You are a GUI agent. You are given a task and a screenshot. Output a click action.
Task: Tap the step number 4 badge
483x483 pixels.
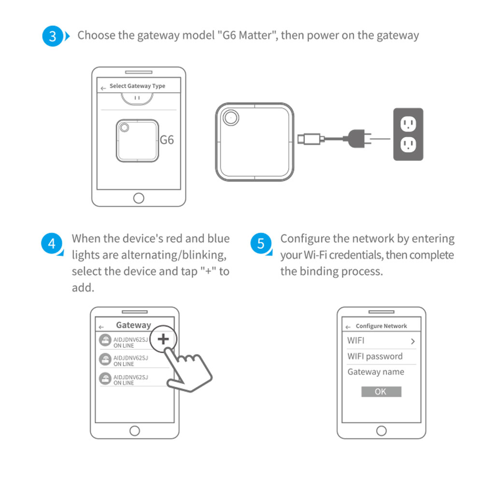pyautogui.click(x=52, y=243)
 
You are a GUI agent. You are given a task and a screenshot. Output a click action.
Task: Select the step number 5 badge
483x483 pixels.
pyautogui.click(x=261, y=243)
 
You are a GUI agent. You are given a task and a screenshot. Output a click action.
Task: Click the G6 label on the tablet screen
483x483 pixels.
pyautogui.click(x=167, y=140)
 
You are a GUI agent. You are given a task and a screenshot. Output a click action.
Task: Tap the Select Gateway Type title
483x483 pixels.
pyautogui.click(x=137, y=86)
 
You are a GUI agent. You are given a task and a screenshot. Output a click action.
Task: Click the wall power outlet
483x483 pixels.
pyautogui.click(x=408, y=134)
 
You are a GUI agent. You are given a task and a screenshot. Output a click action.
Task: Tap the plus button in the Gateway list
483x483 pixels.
pyautogui.click(x=164, y=339)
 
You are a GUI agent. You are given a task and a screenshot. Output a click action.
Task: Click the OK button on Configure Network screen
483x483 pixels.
pyautogui.click(x=381, y=392)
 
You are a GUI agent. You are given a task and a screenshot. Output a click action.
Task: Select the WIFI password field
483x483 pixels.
pyautogui.click(x=375, y=356)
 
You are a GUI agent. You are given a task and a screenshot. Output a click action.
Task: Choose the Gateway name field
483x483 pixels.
pyautogui.click(x=376, y=372)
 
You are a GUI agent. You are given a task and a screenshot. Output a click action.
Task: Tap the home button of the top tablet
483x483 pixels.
pyautogui.click(x=139, y=198)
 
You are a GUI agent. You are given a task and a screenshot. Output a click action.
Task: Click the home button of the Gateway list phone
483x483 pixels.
pyautogui.click(x=135, y=430)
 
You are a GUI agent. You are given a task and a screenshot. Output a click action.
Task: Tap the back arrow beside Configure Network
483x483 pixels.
pyautogui.click(x=348, y=327)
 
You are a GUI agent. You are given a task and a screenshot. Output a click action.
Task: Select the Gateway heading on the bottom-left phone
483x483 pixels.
pyautogui.click(x=133, y=325)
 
